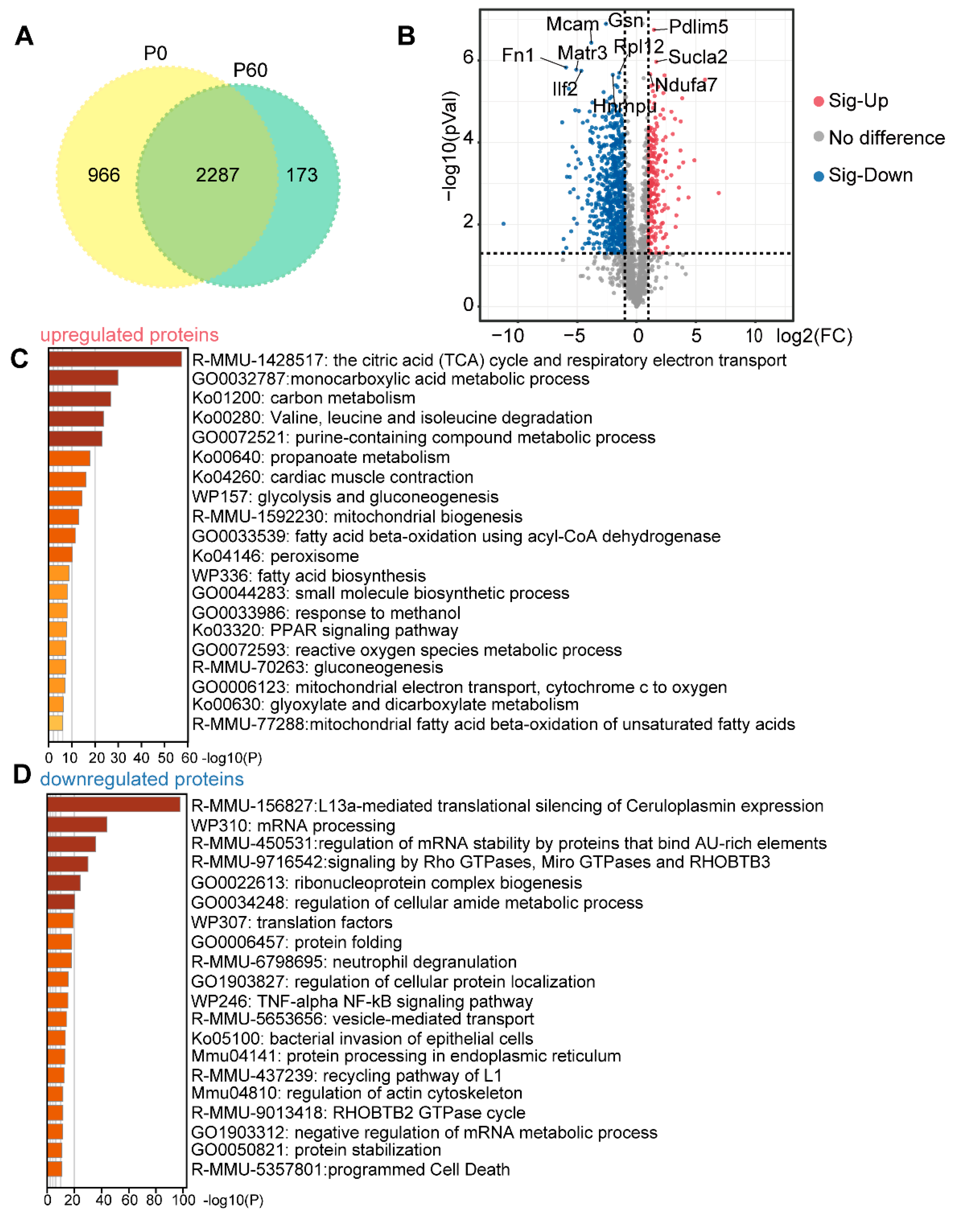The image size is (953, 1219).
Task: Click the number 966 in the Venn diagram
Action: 104,175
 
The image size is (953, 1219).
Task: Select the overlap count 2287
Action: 217,175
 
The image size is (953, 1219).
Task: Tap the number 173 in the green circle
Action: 302,175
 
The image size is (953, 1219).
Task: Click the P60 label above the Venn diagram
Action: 250,70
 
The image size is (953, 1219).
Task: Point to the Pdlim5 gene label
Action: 698,27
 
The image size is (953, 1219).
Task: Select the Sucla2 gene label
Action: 698,57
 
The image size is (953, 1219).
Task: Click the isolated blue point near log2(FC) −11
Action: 504,224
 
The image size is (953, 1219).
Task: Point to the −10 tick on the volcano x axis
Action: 507,336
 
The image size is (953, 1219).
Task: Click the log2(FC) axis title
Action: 814,336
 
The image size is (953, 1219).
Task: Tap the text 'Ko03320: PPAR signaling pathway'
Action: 325,631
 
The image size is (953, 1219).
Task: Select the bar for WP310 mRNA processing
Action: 77,824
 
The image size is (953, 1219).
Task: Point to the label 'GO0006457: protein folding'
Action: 296,943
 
